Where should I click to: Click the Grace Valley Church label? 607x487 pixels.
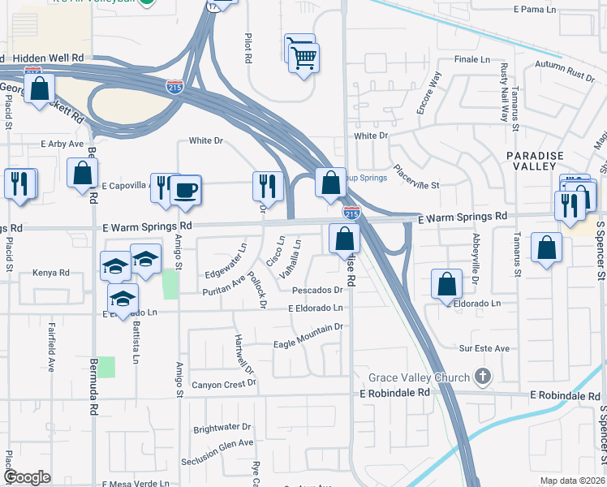point(419,377)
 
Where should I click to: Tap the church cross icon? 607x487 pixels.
point(483,376)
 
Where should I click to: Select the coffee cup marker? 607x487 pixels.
point(185,190)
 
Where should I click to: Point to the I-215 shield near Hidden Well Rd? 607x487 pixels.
point(174,86)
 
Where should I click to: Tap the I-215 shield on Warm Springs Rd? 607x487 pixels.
point(351,213)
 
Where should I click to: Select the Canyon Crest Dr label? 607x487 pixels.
point(223,382)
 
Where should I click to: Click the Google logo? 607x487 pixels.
point(28,477)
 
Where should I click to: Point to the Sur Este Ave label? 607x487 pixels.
point(484,348)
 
